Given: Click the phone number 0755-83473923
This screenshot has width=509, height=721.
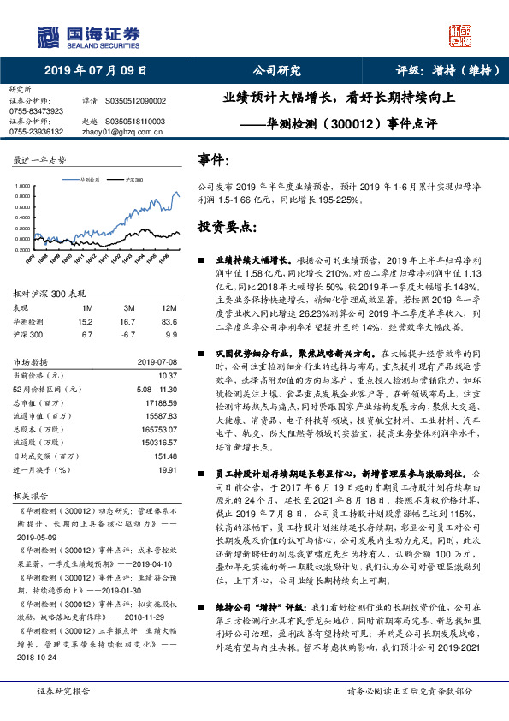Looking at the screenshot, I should click(36, 111).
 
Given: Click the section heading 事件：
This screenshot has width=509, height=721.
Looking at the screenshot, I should click(214, 160).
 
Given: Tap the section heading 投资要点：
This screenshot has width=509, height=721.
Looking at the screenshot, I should click(227, 226).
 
